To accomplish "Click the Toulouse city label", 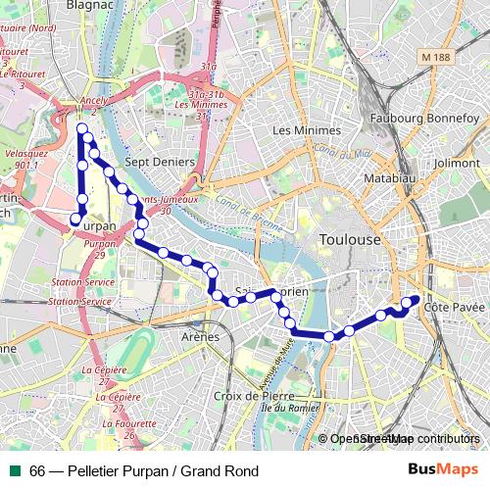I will point(350,240).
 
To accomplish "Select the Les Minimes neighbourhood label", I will point(307,129).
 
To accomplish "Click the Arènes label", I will point(200,337).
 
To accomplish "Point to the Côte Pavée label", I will point(455,308).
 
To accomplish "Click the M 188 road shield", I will point(444,60).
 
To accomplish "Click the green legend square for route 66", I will point(14,471).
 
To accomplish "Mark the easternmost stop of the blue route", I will point(415,300).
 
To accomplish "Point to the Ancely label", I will point(94,101).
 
